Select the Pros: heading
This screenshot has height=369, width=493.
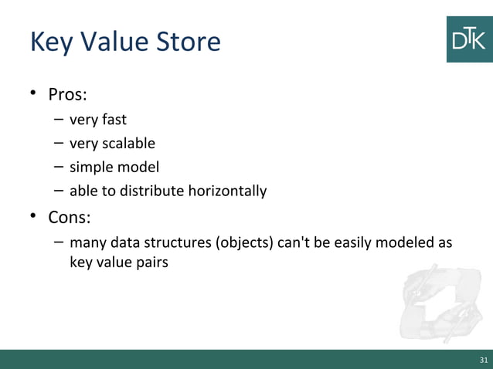pyautogui.click(x=67, y=96)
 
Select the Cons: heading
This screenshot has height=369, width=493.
pyautogui.click(x=69, y=217)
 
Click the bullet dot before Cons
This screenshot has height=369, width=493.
pyautogui.click(x=34, y=216)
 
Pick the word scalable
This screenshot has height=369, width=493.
pyautogui.click(x=127, y=144)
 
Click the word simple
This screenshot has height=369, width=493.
pyautogui.click(x=90, y=167)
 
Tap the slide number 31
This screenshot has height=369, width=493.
pyautogui.click(x=484, y=361)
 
